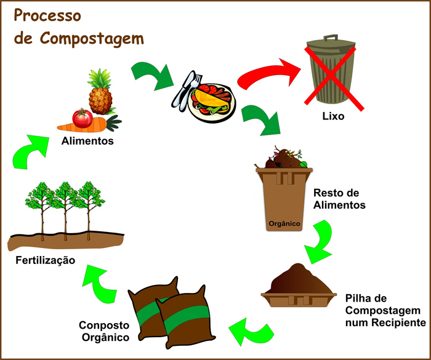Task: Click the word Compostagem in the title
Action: [92, 39]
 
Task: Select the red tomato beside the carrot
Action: [82, 117]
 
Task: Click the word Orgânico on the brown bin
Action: [284, 224]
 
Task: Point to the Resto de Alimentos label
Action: [339, 198]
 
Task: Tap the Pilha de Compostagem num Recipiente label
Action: [384, 310]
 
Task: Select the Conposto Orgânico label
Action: [104, 331]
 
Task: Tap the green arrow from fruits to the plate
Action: [153, 75]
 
